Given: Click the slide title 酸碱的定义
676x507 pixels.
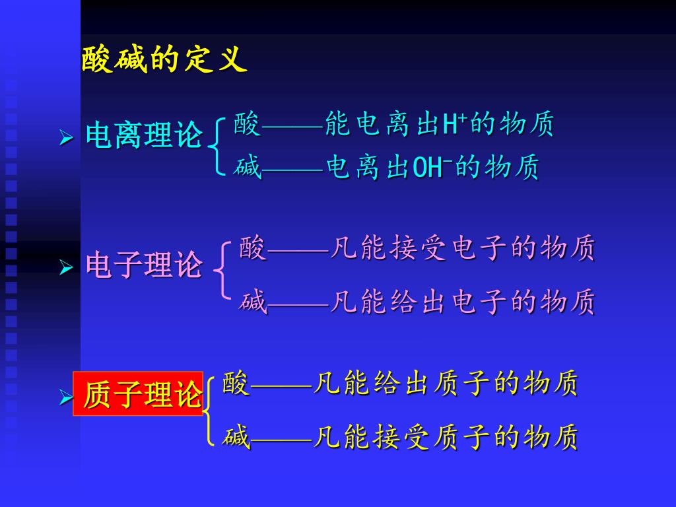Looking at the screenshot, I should point(164,60).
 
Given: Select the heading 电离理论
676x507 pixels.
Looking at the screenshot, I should point(144,136).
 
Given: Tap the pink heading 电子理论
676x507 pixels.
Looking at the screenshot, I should point(144,265).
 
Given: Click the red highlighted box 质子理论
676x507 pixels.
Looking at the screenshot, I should point(138,394).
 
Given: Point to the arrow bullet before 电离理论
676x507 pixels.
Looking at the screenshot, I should point(66,138).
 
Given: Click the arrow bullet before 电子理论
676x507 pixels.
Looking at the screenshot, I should point(66,267).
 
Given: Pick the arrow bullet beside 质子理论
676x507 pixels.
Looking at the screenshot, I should point(65,397).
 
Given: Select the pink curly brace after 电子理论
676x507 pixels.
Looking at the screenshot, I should point(223,269).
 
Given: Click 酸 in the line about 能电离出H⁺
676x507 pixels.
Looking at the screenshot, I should point(247,124).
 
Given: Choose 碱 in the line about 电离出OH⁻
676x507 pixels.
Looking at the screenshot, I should point(247,168).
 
